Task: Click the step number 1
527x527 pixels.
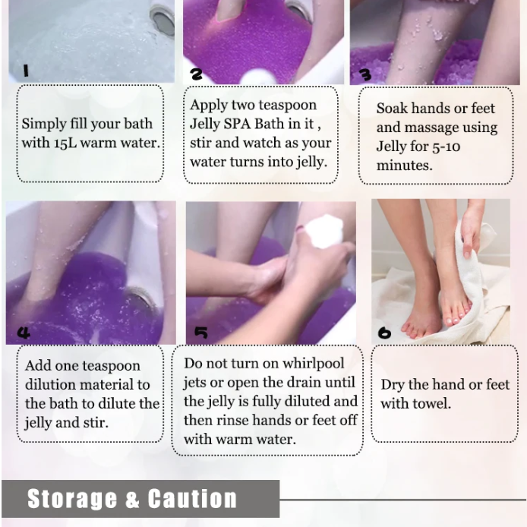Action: pos(25,71)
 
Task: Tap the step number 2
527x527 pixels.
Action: pos(197,74)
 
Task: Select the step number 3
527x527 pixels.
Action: pos(365,74)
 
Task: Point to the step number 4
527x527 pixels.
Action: pos(24,333)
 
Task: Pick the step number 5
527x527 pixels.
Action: pos(200,333)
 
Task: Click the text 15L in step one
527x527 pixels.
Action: pos(68,143)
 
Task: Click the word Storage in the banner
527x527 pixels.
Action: pos(72,499)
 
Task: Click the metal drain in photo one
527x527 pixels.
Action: pos(162,18)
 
